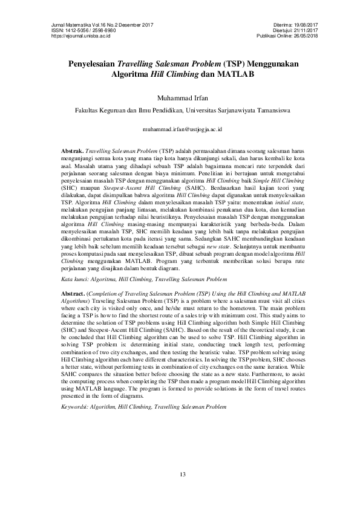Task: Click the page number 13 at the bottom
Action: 180,473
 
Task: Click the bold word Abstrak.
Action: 74,149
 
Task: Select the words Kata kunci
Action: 76,280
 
